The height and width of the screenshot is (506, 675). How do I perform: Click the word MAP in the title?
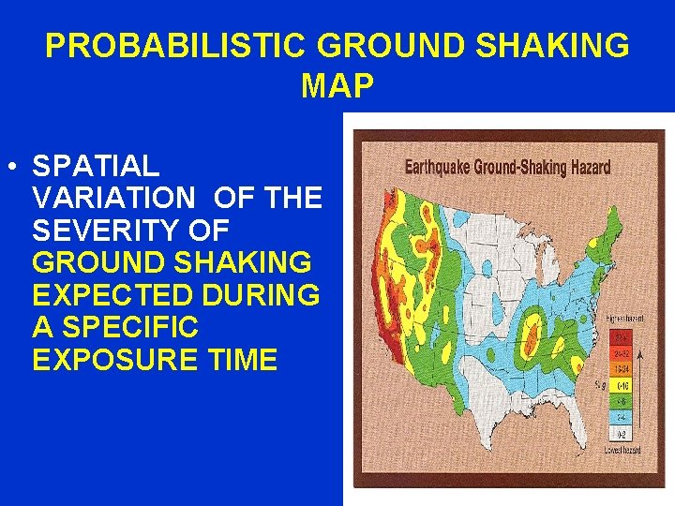(x=337, y=86)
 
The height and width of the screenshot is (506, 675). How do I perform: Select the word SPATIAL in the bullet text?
(x=96, y=167)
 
